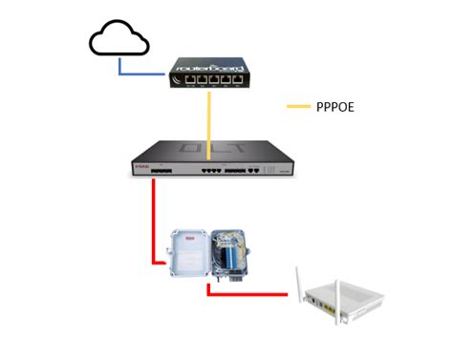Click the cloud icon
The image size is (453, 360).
pyautogui.click(x=119, y=39)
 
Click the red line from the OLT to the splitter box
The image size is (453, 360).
pyautogui.click(x=152, y=220)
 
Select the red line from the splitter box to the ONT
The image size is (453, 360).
pyautogui.click(x=248, y=295)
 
